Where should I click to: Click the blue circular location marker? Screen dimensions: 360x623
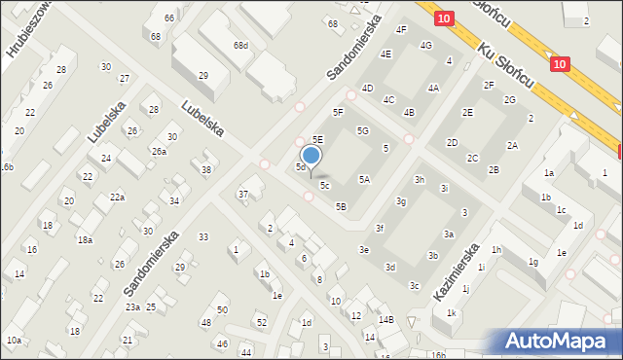coord(311,156)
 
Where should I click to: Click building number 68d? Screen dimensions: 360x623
coord(240,46)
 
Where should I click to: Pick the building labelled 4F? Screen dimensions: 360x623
coord(400,30)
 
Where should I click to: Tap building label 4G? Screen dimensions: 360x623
coord(425,46)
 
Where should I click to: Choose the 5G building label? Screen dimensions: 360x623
coord(362,130)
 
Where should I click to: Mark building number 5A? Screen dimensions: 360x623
coord(364,179)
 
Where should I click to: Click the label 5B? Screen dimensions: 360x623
coord(341,206)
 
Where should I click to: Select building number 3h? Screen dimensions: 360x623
coord(420,180)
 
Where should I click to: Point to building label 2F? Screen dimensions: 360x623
coord(488,85)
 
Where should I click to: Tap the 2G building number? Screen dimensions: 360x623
coord(509,100)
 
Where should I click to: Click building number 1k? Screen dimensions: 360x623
coord(452,313)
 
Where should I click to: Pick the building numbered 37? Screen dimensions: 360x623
coord(244,195)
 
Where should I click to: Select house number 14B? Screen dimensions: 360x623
coord(386,319)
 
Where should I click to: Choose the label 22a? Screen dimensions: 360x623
coord(117,197)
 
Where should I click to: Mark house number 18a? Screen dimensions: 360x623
coord(86,240)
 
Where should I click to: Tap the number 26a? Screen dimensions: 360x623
coord(159,152)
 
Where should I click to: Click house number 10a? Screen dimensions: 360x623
coord(14,340)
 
